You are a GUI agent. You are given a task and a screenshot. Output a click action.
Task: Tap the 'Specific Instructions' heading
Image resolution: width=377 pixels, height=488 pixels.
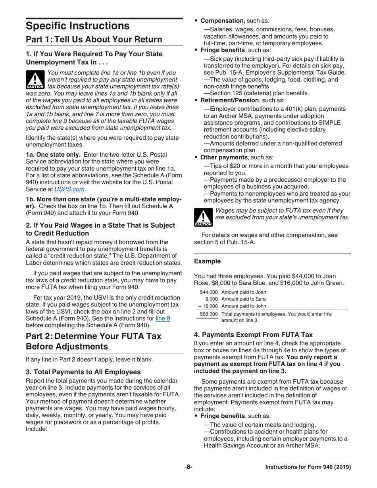[x=78, y=26]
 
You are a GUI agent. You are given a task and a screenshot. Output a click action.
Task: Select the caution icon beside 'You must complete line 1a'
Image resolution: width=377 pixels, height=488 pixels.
[x=35, y=79]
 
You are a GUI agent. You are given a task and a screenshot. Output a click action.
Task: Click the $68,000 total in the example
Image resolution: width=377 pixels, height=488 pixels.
[x=211, y=314]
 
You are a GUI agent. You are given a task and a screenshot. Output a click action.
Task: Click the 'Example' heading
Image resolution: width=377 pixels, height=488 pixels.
[x=207, y=261]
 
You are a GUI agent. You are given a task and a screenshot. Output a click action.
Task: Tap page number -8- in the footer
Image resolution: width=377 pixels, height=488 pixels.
[x=188, y=467]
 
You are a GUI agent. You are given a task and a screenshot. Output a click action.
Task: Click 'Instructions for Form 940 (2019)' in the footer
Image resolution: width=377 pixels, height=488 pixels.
[x=308, y=467]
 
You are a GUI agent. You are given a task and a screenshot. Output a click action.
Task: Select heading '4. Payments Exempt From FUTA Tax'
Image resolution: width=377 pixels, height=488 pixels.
[x=253, y=334]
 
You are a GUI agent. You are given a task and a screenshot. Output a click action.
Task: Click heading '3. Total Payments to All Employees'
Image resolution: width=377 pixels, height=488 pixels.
[x=83, y=372]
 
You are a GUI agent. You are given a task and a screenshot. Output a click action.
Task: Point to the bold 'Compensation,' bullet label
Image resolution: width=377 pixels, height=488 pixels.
[x=223, y=20]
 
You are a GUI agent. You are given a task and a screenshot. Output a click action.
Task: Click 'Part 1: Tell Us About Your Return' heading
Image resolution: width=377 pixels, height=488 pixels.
[x=94, y=40]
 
